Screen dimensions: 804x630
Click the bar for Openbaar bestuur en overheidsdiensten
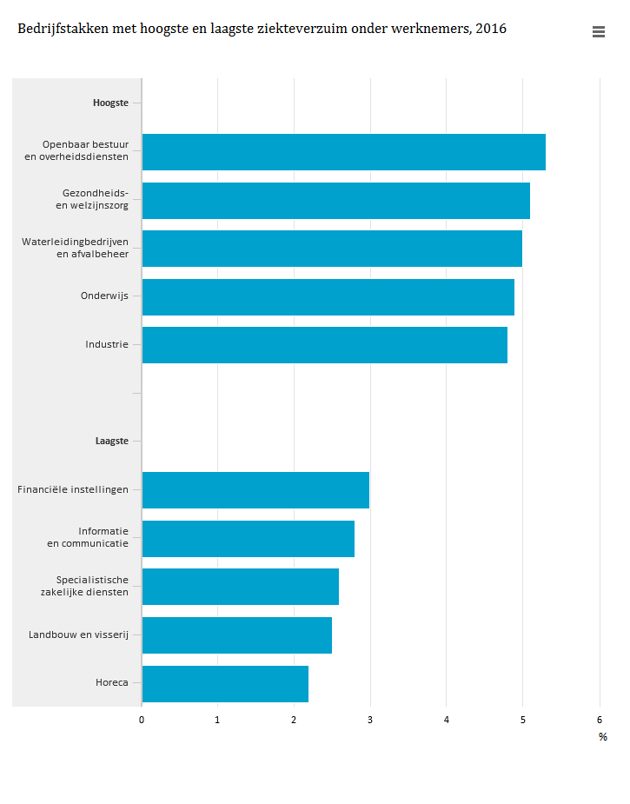(x=343, y=152)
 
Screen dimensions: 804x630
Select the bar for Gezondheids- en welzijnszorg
(x=335, y=200)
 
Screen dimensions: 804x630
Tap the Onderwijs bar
(x=328, y=296)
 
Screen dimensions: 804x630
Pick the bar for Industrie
(x=324, y=344)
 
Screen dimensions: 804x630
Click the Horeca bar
(x=225, y=683)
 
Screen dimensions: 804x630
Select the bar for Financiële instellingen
(x=255, y=489)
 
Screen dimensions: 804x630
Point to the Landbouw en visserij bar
(x=236, y=635)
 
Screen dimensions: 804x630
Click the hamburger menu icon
(x=598, y=31)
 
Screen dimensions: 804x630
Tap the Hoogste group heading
(x=110, y=103)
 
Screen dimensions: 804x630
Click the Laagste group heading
(x=111, y=441)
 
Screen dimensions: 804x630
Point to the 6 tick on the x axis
(x=599, y=720)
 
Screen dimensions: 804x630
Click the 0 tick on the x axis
(x=142, y=720)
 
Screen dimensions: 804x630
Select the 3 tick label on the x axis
(x=370, y=720)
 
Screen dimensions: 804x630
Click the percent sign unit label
(x=602, y=737)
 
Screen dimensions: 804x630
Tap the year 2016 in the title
(x=491, y=30)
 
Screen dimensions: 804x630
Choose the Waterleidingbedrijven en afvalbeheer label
(x=76, y=248)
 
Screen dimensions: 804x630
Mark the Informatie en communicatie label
(x=89, y=537)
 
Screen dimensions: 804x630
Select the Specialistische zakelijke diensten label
(x=85, y=586)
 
